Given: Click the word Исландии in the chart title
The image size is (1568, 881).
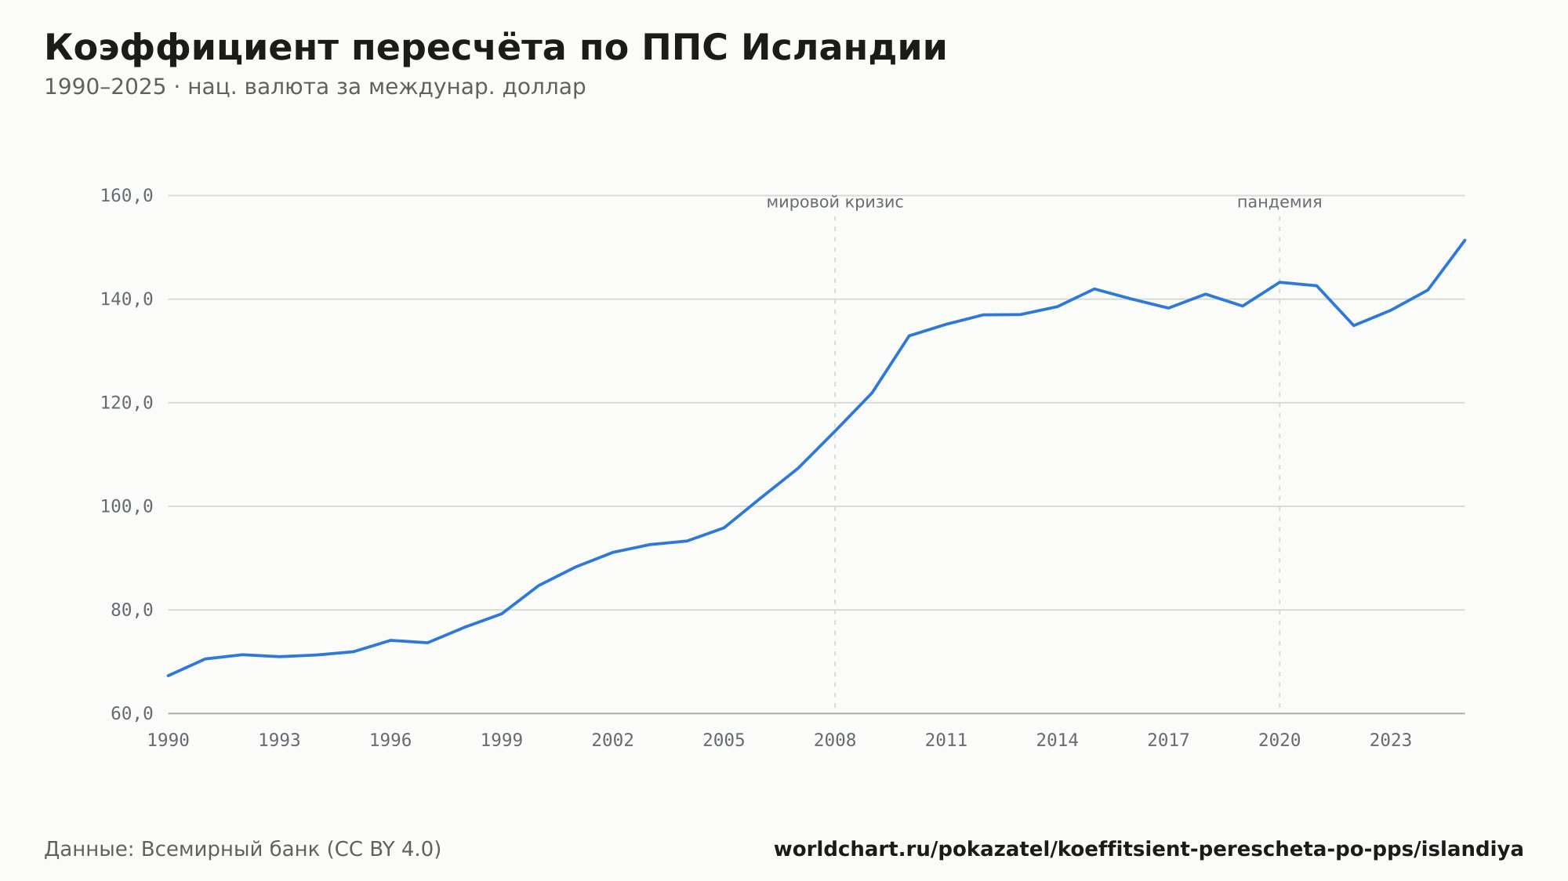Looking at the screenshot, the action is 844,48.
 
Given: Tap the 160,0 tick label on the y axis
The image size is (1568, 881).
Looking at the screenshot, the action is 126,196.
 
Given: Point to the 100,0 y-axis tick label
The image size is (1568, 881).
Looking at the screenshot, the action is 126,506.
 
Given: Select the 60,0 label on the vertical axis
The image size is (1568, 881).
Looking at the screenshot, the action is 132,713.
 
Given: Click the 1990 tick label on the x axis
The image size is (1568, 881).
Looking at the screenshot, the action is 169,741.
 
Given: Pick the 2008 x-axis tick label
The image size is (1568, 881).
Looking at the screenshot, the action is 835,741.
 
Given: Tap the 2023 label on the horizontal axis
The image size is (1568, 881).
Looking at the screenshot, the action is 1391,741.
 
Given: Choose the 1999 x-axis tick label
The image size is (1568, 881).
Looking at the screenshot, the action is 502,741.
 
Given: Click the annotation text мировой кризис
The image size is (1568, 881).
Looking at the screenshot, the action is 835,202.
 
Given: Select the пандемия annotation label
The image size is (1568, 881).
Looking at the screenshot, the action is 1279,202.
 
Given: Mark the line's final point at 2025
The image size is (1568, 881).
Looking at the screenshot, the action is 1465,240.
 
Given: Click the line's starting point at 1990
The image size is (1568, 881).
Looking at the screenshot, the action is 169,676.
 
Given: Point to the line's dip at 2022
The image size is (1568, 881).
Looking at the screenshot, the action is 1354,325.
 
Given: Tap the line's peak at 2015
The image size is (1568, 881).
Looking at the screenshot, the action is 1094,289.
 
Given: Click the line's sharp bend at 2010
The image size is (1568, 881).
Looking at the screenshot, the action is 909,335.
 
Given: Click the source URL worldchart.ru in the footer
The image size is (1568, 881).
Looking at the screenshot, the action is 1149,850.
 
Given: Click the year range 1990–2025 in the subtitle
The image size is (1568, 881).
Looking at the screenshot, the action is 105,87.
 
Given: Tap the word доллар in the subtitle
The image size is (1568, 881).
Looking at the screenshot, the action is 544,87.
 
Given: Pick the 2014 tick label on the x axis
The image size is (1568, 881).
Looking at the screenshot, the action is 1058,741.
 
